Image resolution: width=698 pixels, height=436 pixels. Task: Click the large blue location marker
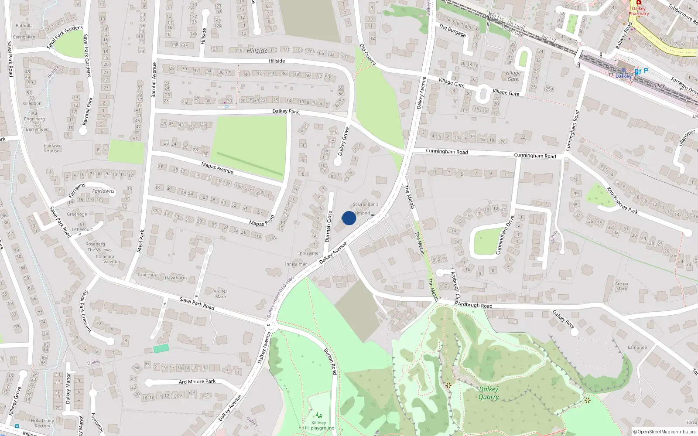[x=349, y=218]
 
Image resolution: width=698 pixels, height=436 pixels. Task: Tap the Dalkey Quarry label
[x=489, y=393]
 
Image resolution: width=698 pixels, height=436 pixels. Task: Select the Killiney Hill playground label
[x=319, y=425]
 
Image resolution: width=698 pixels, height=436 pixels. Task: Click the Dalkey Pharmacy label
[x=639, y=11]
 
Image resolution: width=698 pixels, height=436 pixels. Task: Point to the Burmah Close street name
[x=328, y=226]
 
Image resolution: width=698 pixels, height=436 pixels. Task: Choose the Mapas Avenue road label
[x=217, y=168]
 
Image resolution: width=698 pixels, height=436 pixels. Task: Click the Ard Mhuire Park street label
[x=197, y=381]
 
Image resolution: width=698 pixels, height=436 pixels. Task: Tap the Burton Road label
[x=330, y=361]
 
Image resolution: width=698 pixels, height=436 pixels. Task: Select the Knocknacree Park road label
[x=622, y=200]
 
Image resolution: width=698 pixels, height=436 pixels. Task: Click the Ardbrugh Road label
[x=475, y=305]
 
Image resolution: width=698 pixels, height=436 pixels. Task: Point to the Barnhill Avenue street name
[x=154, y=79]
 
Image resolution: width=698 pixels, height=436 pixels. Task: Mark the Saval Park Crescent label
[x=86, y=311]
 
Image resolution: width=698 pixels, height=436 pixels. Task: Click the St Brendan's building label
[x=366, y=204]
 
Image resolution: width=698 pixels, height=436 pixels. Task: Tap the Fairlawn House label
[x=53, y=148]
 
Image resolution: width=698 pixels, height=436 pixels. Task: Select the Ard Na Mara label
[x=220, y=294]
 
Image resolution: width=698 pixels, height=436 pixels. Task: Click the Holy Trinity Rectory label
[x=42, y=423]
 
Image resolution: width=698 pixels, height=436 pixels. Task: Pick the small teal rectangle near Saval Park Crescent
[x=161, y=348]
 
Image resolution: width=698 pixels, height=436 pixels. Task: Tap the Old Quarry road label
[x=368, y=54]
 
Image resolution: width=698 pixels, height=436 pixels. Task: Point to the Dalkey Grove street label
[x=344, y=141]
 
